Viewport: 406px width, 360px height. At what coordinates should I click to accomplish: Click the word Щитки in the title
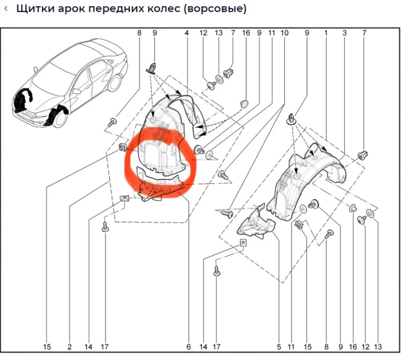(33, 10)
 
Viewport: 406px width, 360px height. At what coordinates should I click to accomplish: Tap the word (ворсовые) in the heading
(215, 10)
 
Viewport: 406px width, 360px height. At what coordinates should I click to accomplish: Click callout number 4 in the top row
(187, 33)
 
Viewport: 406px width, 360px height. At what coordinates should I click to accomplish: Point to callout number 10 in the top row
(285, 33)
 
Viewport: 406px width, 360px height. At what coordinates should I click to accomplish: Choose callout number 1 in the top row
(326, 33)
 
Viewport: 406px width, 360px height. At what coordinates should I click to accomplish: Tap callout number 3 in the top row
(344, 33)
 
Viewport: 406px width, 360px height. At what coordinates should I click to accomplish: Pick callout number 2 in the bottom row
(70, 347)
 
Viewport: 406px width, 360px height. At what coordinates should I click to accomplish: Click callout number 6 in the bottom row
(188, 347)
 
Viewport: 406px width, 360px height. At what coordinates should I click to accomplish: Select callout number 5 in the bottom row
(278, 347)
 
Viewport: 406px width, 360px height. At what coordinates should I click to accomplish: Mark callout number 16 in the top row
(246, 33)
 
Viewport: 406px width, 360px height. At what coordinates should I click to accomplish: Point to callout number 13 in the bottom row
(377, 347)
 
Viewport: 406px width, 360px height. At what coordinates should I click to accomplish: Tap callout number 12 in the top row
(204, 33)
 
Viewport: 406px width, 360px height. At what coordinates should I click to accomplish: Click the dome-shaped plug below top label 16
(245, 102)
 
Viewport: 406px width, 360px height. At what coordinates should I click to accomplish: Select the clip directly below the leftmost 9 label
(153, 67)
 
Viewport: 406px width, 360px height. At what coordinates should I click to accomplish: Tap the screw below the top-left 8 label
(112, 122)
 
